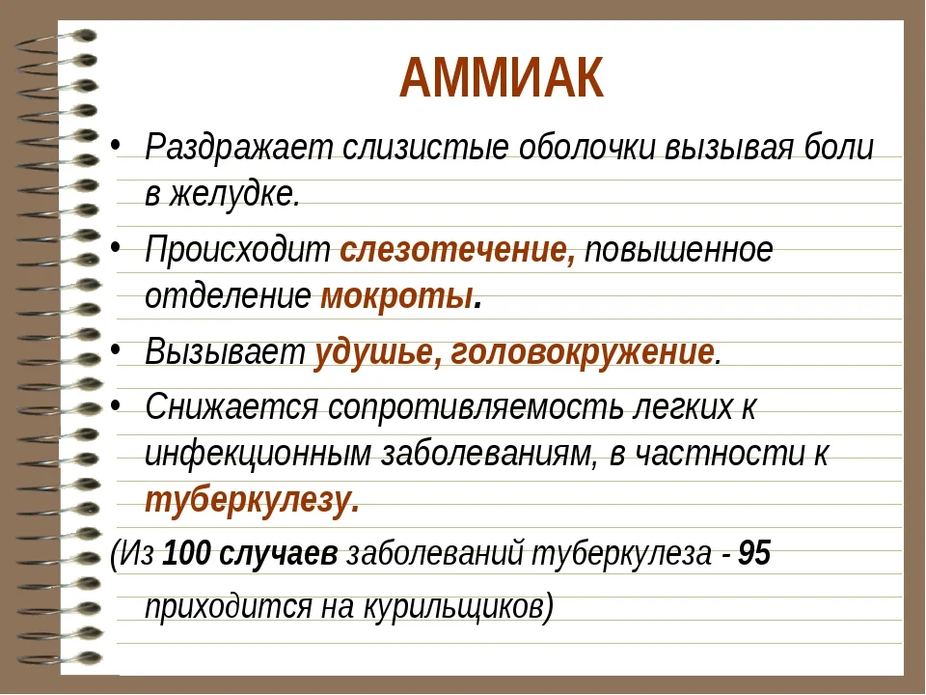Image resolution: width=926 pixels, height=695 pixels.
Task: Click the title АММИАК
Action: click(502, 79)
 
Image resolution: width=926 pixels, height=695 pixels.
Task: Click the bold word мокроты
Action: click(396, 294)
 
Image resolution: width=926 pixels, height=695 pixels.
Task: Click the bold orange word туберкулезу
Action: click(250, 500)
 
